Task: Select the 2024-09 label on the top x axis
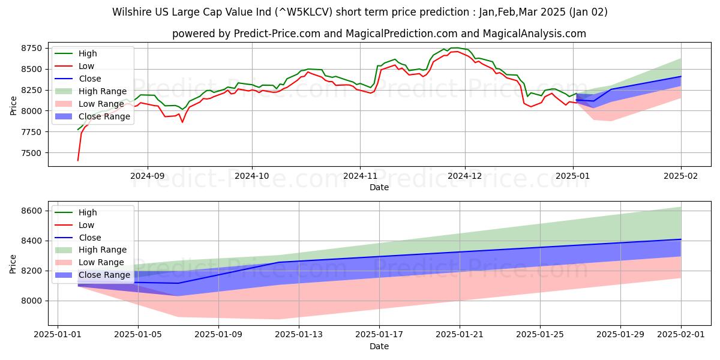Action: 147,176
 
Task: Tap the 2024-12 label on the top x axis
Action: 465,176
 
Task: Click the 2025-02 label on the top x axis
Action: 681,176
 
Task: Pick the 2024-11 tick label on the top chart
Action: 359,176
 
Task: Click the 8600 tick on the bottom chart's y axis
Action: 32,211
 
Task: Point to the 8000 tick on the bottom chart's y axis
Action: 32,301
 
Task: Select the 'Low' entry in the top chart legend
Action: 86,66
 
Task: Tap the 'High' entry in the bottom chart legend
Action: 88,212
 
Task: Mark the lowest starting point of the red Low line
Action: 77,160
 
